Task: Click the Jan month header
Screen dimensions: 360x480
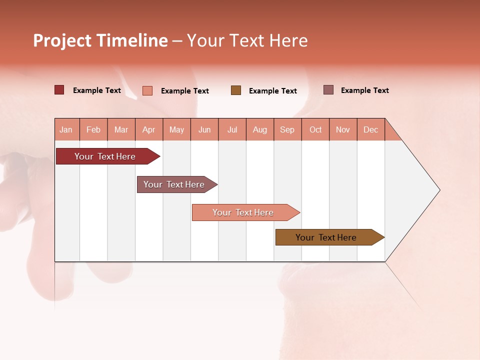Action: (x=66, y=129)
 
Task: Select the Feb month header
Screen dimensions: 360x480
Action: (x=93, y=129)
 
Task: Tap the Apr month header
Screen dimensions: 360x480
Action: (x=149, y=129)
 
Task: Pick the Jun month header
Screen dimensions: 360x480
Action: (x=204, y=129)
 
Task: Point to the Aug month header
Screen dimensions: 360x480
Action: (x=260, y=129)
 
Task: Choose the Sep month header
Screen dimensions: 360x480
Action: (x=287, y=129)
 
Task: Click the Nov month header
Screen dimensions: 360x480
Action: (x=343, y=129)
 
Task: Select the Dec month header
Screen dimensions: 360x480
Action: (x=371, y=129)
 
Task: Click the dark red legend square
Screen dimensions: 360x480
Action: (x=59, y=90)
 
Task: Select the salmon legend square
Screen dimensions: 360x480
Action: (x=147, y=90)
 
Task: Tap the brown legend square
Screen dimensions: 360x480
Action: (x=236, y=90)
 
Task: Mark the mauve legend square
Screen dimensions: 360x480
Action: (x=328, y=90)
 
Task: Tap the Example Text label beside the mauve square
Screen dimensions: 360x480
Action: (x=365, y=90)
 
